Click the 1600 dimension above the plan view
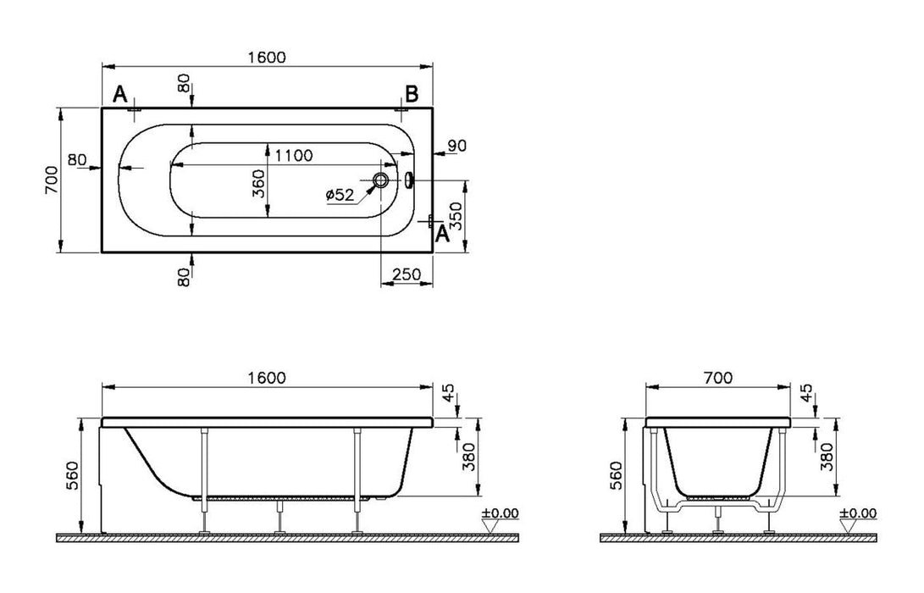[268, 57]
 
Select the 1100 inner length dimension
[293, 155]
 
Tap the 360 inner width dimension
[259, 183]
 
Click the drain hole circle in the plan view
[381, 180]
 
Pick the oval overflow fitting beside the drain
[409, 180]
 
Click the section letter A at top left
[120, 94]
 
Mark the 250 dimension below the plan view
[407, 274]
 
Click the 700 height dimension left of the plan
[51, 180]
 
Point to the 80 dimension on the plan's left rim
[77, 159]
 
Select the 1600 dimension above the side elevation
[268, 377]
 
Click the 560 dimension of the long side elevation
[71, 475]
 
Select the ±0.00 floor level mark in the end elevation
[858, 513]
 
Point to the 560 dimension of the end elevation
[616, 475]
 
